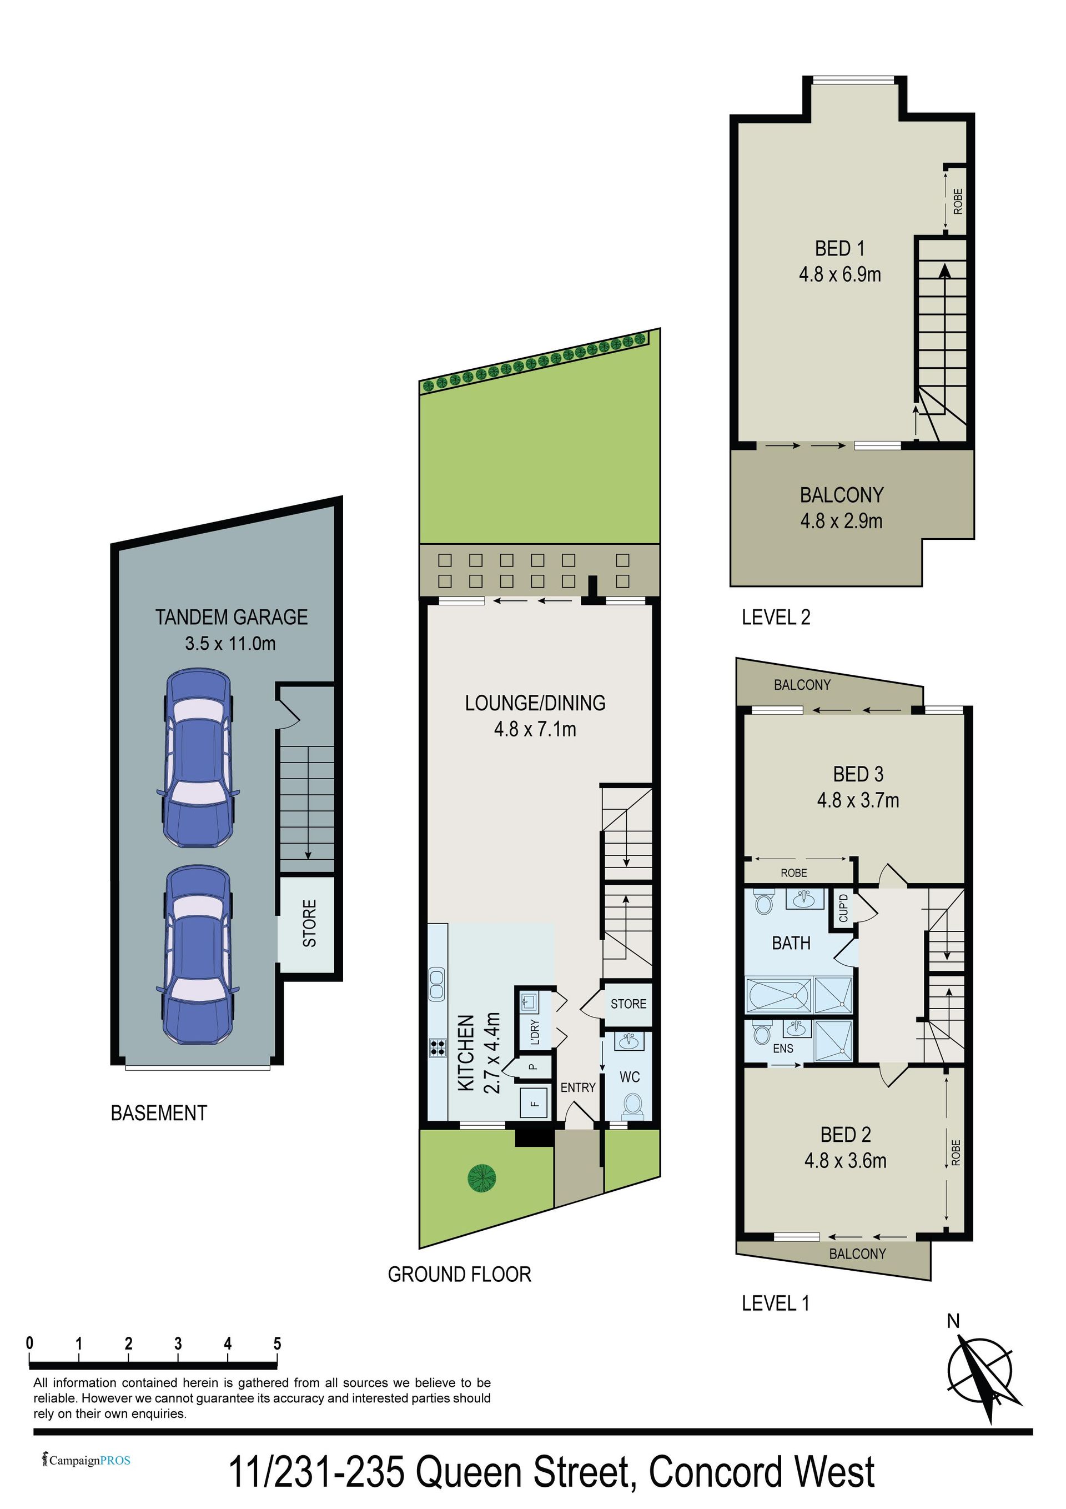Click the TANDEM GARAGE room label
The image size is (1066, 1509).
click(232, 617)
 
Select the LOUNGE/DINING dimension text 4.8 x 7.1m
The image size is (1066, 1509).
click(535, 729)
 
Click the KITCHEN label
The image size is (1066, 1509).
click(465, 1053)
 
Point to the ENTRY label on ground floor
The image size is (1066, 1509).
click(577, 1087)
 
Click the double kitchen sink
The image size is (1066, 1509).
click(436, 985)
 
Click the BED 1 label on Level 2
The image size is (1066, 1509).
click(839, 248)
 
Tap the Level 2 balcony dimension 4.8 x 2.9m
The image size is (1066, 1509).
click(841, 521)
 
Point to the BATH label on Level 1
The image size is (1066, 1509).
click(791, 943)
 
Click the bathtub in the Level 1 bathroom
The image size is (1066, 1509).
click(780, 996)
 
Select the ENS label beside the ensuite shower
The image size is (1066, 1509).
click(783, 1048)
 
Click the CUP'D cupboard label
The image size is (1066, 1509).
click(843, 908)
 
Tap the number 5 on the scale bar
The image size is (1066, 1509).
click(278, 1343)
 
